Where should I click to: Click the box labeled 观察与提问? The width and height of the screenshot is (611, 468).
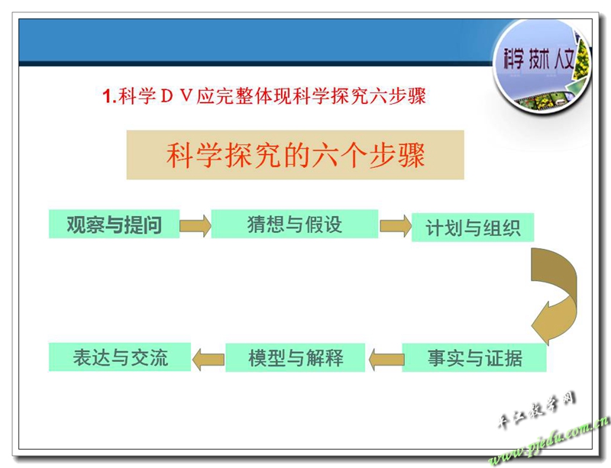tap(114, 224)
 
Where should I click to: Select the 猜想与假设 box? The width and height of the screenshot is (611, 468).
tap(295, 224)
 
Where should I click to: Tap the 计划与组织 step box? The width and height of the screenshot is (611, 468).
tap(473, 228)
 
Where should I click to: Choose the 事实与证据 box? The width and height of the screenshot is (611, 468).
tap(474, 358)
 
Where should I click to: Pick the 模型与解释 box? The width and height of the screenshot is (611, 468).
tap(296, 358)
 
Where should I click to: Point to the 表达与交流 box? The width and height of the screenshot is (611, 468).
tap(120, 357)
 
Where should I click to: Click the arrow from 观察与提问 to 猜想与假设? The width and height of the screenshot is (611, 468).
tap(196, 225)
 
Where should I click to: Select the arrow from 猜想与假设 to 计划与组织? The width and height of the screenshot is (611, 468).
tap(396, 226)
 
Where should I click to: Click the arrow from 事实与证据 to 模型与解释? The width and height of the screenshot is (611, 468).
tap(386, 359)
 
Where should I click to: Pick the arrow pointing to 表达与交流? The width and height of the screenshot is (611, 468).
tap(208, 359)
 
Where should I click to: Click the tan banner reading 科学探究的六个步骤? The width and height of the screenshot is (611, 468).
tap(296, 155)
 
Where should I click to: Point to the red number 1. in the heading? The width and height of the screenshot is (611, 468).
tap(109, 96)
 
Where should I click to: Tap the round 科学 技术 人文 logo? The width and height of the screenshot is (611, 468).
tap(542, 66)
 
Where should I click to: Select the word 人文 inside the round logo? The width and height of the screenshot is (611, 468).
tap(564, 60)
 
